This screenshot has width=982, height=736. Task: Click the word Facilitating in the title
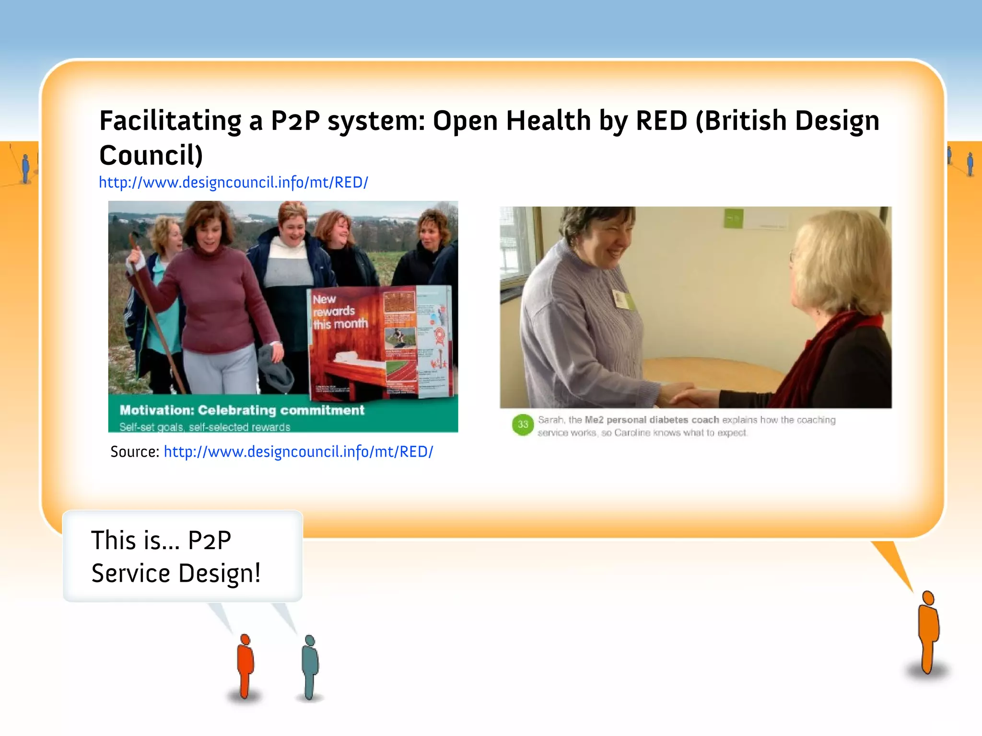tap(170, 121)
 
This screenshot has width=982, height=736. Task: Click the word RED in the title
tap(661, 121)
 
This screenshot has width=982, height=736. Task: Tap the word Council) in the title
tap(151, 156)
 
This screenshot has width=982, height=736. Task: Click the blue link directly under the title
tap(234, 183)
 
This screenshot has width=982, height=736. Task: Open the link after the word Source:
tap(298, 452)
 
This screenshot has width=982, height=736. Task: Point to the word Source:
tap(135, 452)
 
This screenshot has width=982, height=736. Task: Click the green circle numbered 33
tap(523, 425)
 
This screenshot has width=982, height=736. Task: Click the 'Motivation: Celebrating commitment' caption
tap(242, 410)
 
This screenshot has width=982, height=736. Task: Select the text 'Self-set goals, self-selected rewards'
tap(205, 427)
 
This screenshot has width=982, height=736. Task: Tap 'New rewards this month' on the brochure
tap(339, 312)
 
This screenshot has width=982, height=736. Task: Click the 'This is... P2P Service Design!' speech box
tap(183, 556)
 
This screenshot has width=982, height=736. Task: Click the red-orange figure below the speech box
tap(245, 666)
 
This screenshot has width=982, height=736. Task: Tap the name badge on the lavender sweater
tap(623, 299)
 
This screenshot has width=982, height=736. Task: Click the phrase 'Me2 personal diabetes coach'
tap(652, 420)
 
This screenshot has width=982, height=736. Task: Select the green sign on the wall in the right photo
tap(733, 218)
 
